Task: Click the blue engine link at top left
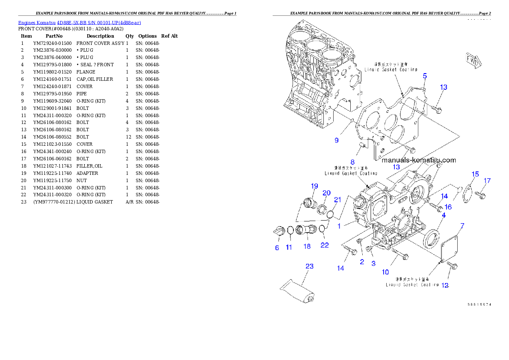click(x=80, y=22)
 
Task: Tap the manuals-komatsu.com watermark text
click(x=418, y=160)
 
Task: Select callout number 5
click(x=424, y=76)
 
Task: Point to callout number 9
click(x=337, y=140)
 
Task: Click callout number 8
click(x=352, y=162)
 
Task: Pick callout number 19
click(x=314, y=186)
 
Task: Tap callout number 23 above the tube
click(x=309, y=266)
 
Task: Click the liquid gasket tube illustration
click(x=298, y=291)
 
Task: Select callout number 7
click(x=462, y=225)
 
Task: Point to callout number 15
click(x=475, y=174)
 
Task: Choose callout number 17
click(x=487, y=181)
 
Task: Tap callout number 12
click(x=445, y=286)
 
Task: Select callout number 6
click(x=277, y=248)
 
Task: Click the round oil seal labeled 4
click(x=431, y=238)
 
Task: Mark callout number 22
click(x=325, y=245)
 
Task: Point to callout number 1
click(x=339, y=226)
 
